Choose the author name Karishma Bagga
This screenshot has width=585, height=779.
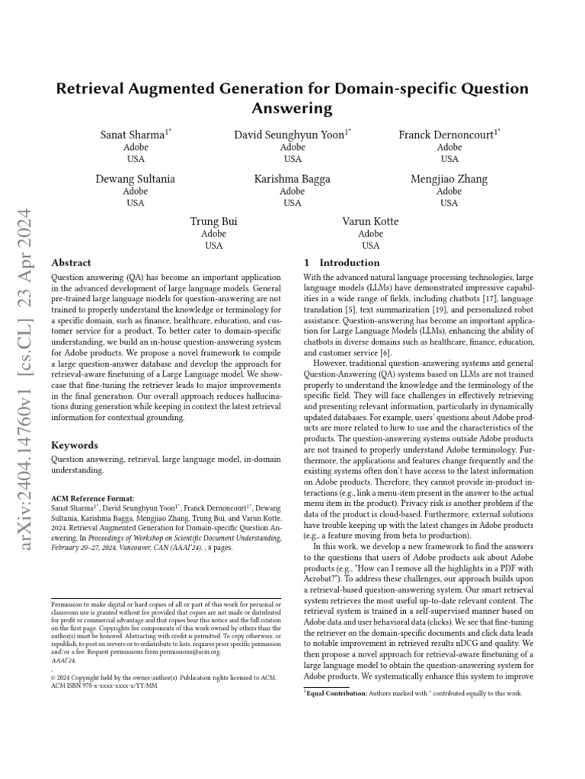pyautogui.click(x=292, y=179)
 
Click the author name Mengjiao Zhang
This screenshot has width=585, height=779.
pyautogui.click(x=449, y=179)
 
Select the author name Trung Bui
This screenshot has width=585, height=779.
pyautogui.click(x=213, y=221)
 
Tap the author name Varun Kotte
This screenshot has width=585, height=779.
pyautogui.click(x=370, y=221)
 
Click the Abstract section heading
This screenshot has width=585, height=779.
pyautogui.click(x=71, y=262)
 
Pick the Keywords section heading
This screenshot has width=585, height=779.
pyautogui.click(x=75, y=444)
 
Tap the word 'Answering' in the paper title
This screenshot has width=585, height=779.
pyautogui.click(x=292, y=108)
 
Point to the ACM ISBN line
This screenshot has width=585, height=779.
pyautogui.click(x=104, y=685)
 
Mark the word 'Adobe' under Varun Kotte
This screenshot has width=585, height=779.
pyautogui.click(x=370, y=234)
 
